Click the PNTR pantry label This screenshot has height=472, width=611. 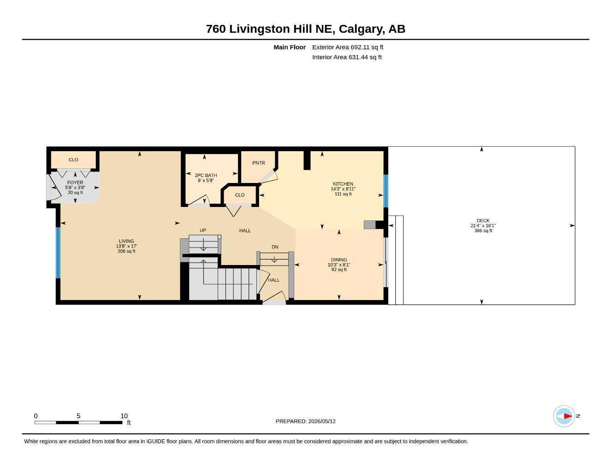258,163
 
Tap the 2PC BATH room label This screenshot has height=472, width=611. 206,175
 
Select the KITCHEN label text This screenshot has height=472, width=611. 343,184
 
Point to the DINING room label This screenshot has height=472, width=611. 339,260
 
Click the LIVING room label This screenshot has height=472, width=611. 126,241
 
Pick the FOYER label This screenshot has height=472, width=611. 75,183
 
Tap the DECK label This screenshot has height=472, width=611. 483,221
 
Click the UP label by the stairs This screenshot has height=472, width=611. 203,230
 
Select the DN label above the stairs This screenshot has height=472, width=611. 275,247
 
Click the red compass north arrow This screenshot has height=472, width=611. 568,416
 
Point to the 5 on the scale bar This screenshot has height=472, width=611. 78,416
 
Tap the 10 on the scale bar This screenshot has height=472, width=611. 124,416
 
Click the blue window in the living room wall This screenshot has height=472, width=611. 58,253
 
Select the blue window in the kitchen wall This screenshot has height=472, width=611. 386,191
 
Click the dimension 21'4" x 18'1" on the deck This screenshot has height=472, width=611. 483,225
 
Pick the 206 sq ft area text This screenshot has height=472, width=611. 126,251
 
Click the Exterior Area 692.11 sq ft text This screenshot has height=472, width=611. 348,47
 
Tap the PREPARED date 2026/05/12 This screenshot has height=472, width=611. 322,421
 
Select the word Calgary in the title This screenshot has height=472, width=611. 362,29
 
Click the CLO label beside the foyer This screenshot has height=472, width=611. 73,160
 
